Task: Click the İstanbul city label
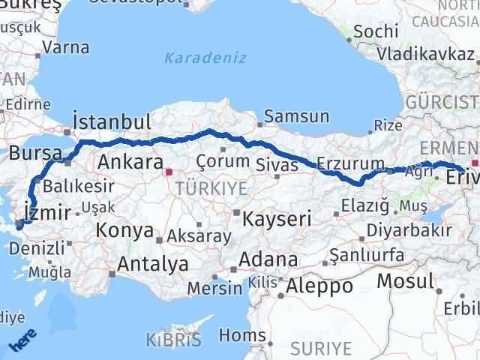[112, 122]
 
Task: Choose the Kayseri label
[277, 219]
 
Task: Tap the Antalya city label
[153, 264]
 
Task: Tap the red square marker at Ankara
[169, 172]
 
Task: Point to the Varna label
[66, 47]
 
